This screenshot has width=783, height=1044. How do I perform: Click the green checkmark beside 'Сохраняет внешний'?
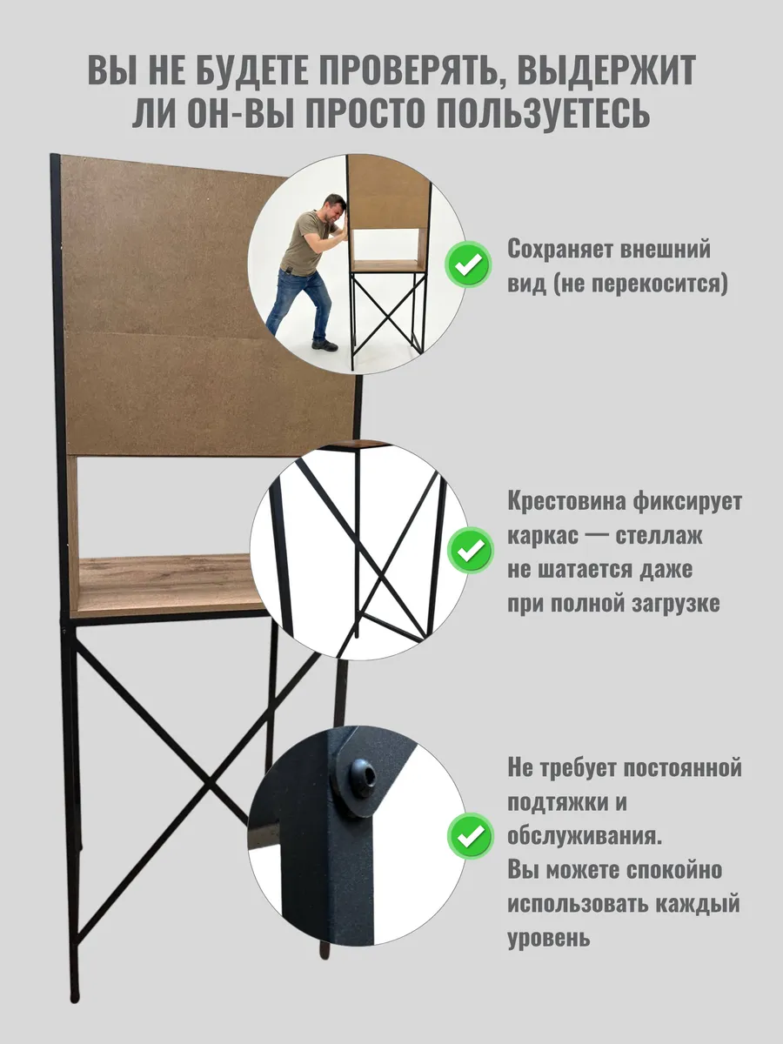click(468, 264)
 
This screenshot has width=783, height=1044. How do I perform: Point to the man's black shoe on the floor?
click(325, 345)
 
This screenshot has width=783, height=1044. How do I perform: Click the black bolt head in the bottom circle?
click(363, 779)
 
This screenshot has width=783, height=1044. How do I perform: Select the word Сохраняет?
click(561, 249)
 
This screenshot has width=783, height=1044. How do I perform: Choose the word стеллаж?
click(659, 536)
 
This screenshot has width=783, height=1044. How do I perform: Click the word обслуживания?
click(585, 837)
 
